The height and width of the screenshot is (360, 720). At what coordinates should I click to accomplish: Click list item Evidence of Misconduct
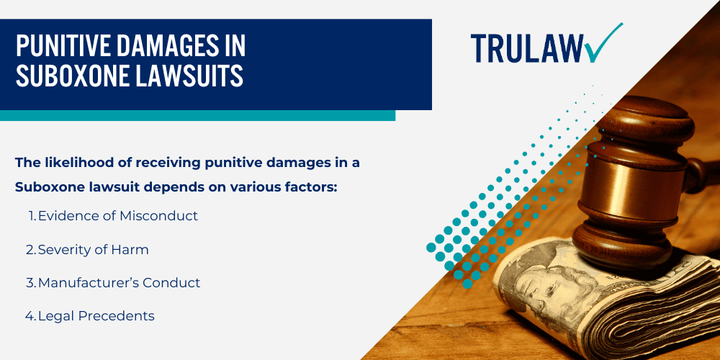pos(117,215)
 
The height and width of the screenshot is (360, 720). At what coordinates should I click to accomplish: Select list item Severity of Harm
pos(94,249)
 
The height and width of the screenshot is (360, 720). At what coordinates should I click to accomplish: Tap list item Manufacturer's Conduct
pos(119,282)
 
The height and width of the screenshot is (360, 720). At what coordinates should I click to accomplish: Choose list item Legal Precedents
pos(96,315)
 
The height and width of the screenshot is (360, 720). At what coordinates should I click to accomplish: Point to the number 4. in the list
pos(31,315)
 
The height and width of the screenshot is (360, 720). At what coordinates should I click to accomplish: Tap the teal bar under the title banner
pos(197,115)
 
